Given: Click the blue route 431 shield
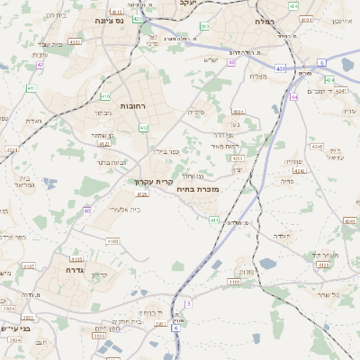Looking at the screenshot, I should click(x=280, y=68).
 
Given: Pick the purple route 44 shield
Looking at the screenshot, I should click(x=293, y=96).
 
